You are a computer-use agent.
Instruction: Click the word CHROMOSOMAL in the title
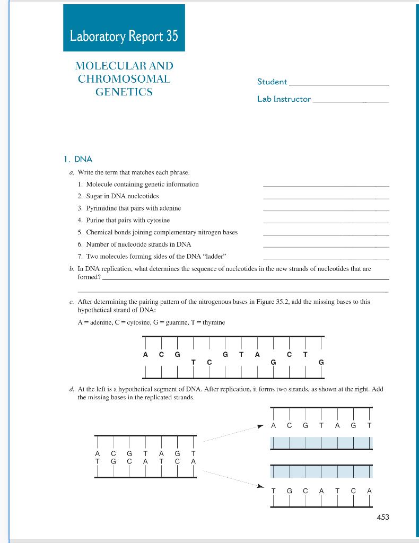[x=124, y=79]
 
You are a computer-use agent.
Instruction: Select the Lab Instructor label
[x=284, y=99]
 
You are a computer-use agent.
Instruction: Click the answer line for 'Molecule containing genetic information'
[x=326, y=186]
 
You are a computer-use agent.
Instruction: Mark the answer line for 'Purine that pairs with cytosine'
[x=326, y=222]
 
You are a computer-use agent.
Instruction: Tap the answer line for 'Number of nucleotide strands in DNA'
[x=326, y=246]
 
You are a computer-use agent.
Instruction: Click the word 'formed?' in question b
[x=89, y=276]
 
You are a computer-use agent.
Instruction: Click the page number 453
[x=382, y=516]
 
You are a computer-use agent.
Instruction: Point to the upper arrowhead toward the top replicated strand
[x=260, y=425]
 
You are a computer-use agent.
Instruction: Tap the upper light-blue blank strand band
[x=321, y=442]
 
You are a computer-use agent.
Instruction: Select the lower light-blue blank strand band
[x=321, y=471]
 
